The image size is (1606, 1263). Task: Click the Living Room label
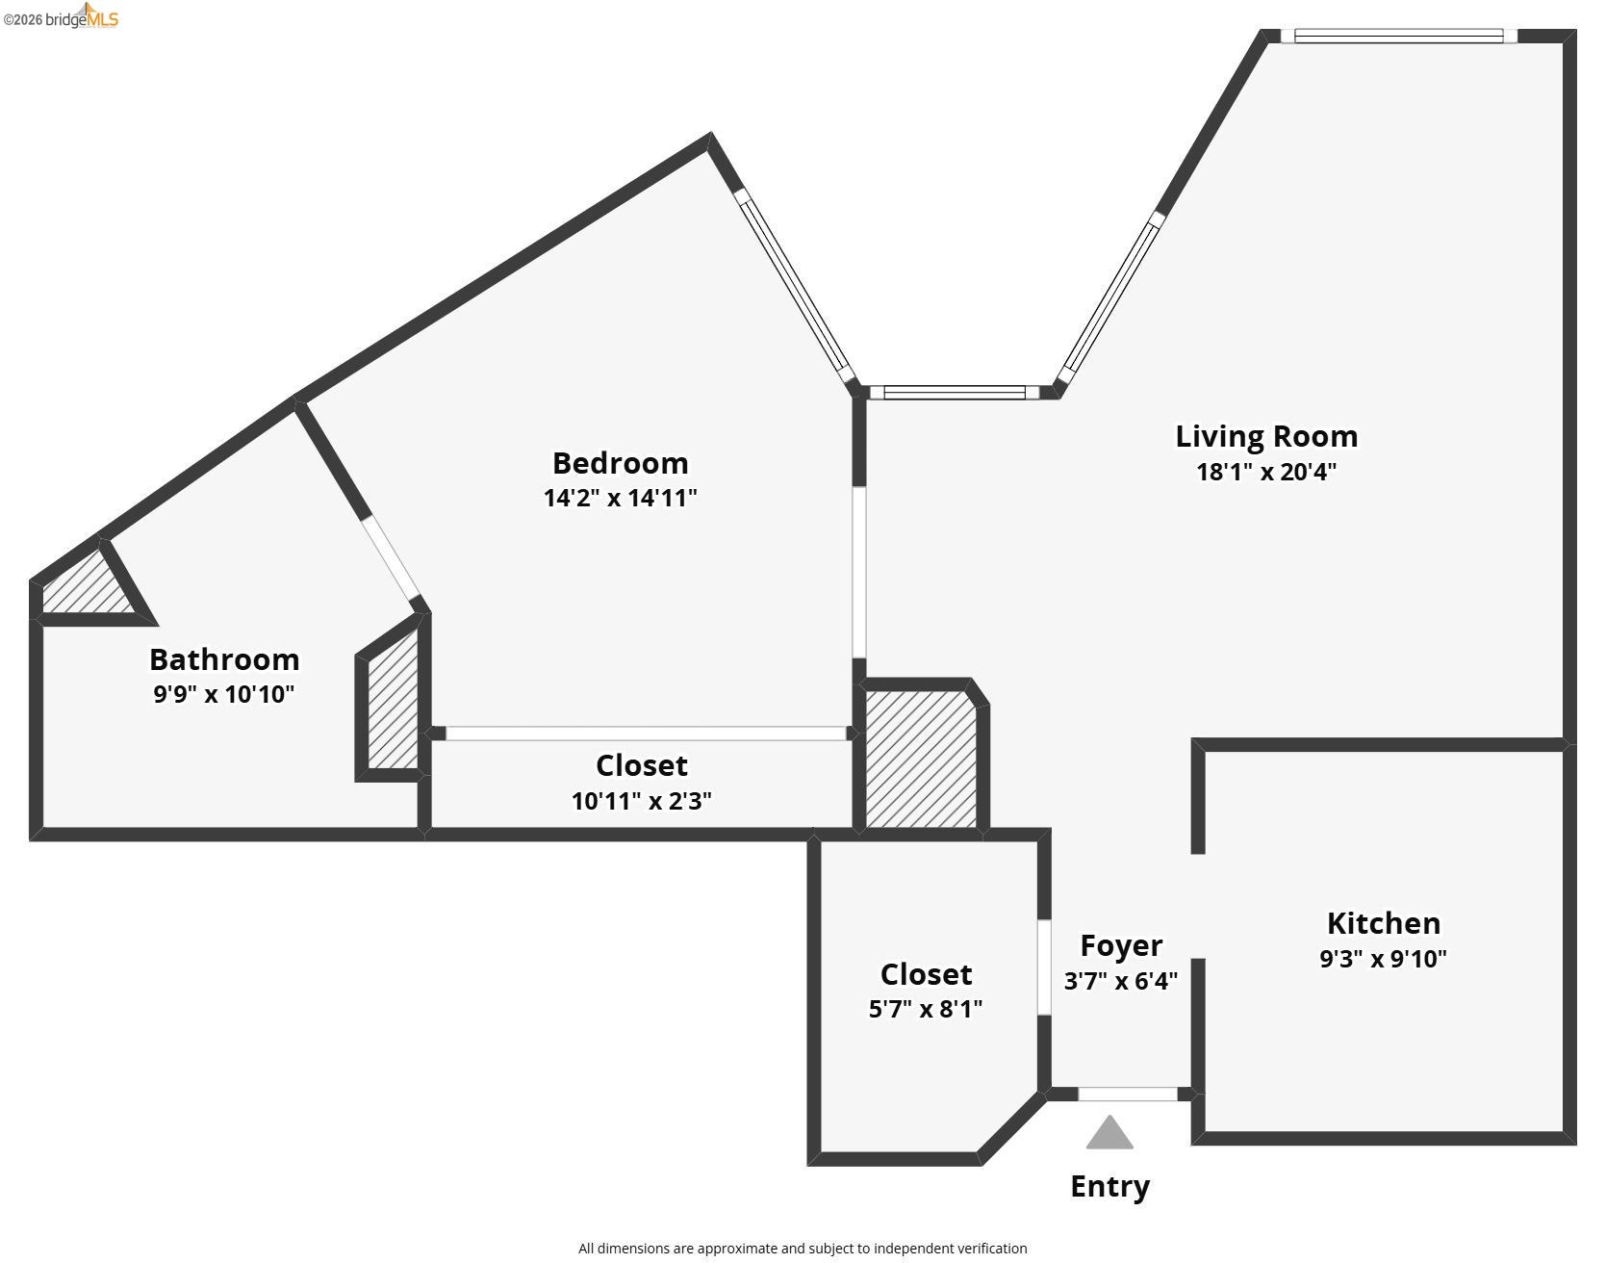[1266, 436]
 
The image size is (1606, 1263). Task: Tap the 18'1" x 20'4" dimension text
[1266, 472]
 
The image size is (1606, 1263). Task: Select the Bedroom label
[620, 463]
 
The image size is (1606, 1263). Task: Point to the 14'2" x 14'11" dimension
[620, 498]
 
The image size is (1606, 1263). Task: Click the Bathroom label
[224, 659]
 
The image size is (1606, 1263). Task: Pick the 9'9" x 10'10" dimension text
[224, 694]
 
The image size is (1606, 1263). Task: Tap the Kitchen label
[1384, 923]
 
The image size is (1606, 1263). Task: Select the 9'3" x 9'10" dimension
[1384, 959]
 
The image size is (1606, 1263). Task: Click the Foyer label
[1121, 946]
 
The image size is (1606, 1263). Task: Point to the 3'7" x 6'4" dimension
[1121, 981]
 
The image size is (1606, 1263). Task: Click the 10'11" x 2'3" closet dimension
[642, 801]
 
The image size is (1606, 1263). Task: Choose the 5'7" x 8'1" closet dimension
[926, 1009]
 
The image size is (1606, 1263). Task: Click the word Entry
[1110, 1187]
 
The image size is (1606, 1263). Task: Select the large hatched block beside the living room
[922, 759]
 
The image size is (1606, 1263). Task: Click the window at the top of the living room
[1398, 37]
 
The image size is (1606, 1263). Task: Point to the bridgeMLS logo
[61, 16]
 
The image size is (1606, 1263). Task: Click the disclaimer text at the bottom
[803, 1249]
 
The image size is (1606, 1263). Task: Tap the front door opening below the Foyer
[1128, 1095]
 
